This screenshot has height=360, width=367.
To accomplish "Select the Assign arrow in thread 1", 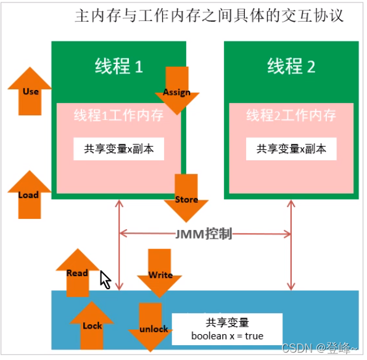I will [177, 91].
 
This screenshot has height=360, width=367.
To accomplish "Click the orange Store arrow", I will [186, 198].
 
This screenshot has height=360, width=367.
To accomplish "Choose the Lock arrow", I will [92, 325].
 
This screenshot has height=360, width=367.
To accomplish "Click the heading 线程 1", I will [118, 66].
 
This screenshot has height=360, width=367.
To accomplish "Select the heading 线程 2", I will [291, 66].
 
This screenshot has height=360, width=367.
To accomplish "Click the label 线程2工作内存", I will [291, 115].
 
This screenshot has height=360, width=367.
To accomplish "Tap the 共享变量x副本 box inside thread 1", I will [118, 149].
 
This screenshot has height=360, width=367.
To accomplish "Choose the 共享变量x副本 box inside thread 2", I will [291, 149].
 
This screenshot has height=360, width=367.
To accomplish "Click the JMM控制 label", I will [204, 234].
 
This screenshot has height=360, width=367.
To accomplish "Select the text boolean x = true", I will [227, 337].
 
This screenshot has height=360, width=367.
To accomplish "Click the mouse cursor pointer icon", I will [105, 280].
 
